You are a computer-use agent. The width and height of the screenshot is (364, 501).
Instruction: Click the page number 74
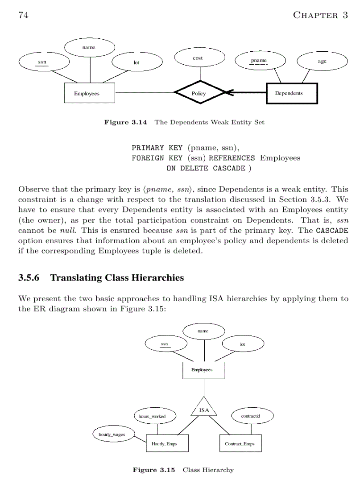24,15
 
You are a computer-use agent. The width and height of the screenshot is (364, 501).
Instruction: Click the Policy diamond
199,93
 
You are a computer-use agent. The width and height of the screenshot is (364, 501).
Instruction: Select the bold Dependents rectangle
292,93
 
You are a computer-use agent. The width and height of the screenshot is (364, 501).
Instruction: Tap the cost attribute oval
198,58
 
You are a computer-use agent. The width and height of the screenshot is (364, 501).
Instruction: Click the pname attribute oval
259,61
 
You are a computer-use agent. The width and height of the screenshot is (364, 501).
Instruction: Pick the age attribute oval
322,62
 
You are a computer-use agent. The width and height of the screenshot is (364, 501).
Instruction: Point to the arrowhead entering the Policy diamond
228,93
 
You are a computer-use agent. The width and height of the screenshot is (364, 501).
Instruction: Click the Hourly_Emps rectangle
167,444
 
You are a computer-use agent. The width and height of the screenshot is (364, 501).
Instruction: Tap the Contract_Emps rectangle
240,444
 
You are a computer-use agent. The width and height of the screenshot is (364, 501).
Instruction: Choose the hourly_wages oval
112,434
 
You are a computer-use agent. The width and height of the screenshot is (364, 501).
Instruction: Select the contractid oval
251,416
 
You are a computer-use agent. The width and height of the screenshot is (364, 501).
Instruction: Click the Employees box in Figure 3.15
204,370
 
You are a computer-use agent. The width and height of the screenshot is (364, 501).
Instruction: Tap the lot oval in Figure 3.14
136,62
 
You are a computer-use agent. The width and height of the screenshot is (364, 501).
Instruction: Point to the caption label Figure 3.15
154,470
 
